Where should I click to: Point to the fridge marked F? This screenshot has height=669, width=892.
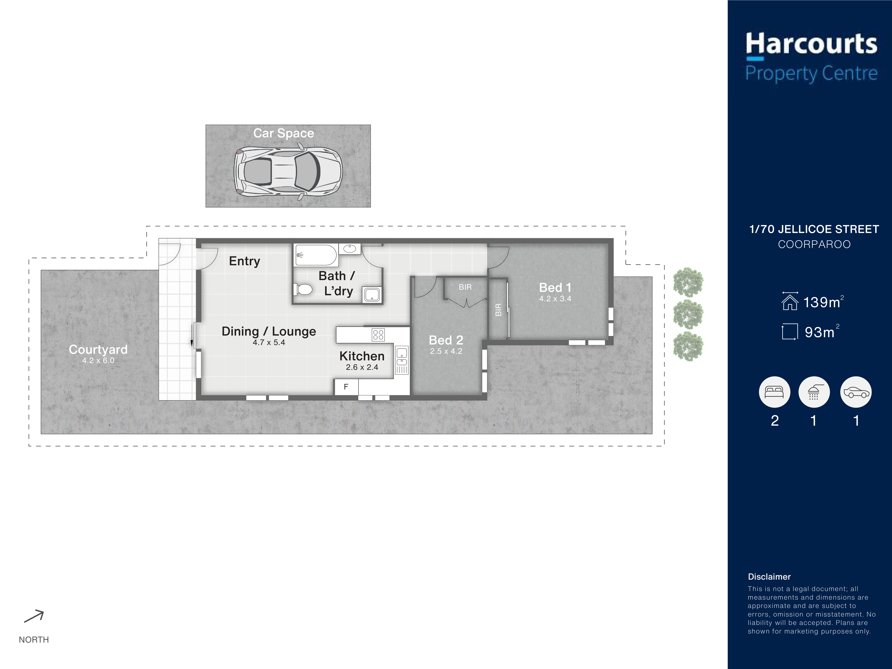(346, 387)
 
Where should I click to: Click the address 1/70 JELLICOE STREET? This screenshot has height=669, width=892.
(814, 229)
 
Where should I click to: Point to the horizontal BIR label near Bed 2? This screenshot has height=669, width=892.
(465, 287)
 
